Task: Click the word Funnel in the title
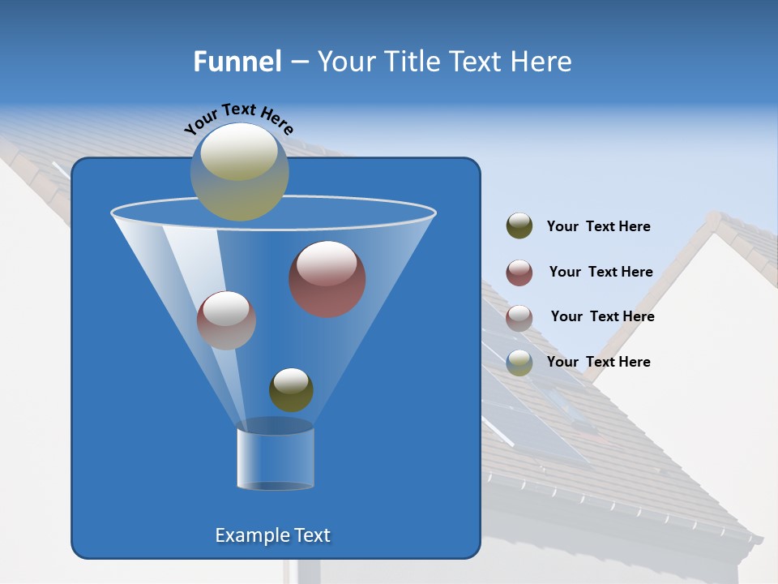pyautogui.click(x=237, y=62)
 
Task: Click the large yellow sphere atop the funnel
pyautogui.click(x=239, y=172)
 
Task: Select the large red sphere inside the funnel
pyautogui.click(x=327, y=279)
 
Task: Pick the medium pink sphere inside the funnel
pyautogui.click(x=226, y=320)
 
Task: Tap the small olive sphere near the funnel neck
pyautogui.click(x=291, y=389)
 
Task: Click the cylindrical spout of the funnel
pyautogui.click(x=275, y=458)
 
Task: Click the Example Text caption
pyautogui.click(x=272, y=535)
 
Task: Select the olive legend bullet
pyautogui.click(x=519, y=226)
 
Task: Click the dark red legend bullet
pyautogui.click(x=519, y=273)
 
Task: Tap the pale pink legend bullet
pyautogui.click(x=519, y=317)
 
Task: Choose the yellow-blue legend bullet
pyautogui.click(x=519, y=363)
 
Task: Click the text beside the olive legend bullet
pyautogui.click(x=598, y=226)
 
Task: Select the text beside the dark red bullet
pyautogui.click(x=601, y=272)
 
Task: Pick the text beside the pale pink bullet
pyautogui.click(x=602, y=316)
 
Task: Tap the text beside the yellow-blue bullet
pyautogui.click(x=598, y=362)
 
